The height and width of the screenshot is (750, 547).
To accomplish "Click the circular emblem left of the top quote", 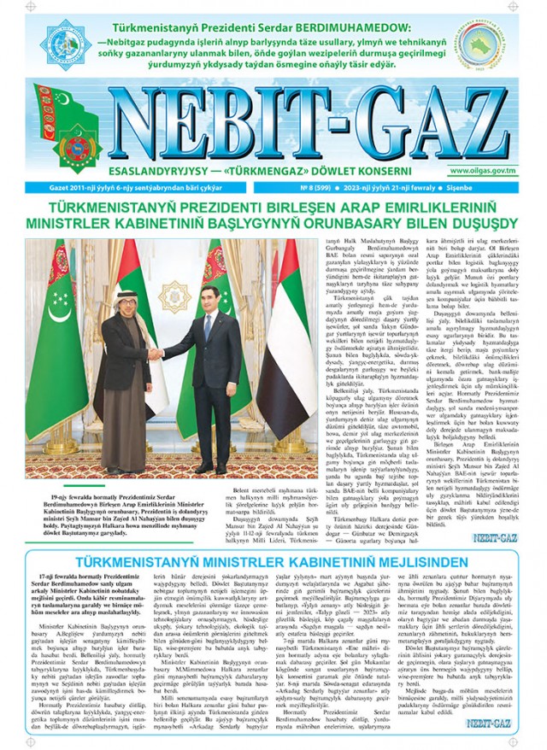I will [66, 40].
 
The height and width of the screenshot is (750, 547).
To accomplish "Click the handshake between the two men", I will [155, 353].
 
